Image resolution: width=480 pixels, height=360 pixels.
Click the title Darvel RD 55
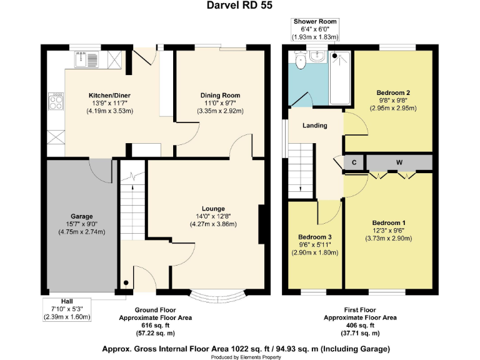pyautogui.click(x=239, y=6)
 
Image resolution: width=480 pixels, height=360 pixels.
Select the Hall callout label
pyautogui.click(x=67, y=301)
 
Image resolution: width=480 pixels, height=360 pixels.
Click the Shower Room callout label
pyautogui.click(x=315, y=21)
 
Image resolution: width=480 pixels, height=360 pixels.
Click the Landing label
pyautogui.click(x=315, y=126)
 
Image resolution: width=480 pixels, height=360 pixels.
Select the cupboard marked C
pyautogui.click(x=354, y=162)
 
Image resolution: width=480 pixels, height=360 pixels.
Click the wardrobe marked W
pyautogui.click(x=399, y=162)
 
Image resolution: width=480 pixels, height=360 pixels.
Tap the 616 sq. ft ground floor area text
pyautogui.click(x=155, y=326)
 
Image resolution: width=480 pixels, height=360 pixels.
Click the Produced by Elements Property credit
pyautogui.click(x=239, y=356)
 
